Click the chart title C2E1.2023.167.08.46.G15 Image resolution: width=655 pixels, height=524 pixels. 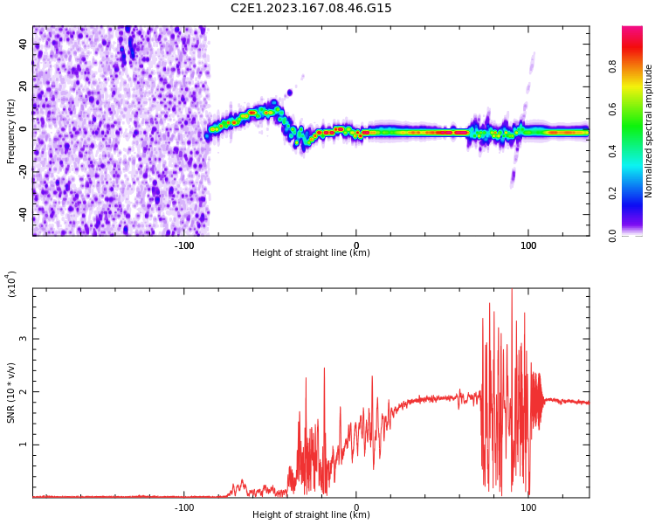(311, 8)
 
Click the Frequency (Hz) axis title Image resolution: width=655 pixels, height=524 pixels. (11, 130)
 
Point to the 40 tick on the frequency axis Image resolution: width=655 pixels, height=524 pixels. (23, 44)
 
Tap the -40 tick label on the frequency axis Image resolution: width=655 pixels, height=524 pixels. (23, 214)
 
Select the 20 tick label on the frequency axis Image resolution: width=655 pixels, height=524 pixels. (23, 86)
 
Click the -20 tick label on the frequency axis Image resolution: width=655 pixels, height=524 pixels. (23, 171)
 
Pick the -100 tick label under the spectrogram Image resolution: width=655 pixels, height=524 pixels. (184, 245)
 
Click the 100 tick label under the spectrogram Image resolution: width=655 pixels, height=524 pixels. (528, 245)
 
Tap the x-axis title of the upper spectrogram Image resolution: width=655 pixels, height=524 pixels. (311, 253)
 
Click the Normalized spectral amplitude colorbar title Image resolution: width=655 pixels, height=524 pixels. (649, 130)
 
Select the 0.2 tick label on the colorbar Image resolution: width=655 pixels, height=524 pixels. (638, 193)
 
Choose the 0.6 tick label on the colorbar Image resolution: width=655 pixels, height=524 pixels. (638, 108)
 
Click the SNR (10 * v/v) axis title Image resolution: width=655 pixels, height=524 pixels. (11, 392)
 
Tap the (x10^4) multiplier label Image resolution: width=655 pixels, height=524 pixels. (11, 284)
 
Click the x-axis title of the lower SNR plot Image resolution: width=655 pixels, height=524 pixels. (311, 515)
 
